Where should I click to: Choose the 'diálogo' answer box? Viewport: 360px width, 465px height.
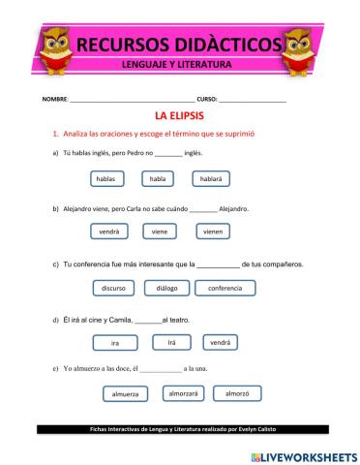pos(166,288)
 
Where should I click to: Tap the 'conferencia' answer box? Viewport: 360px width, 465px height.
pos(225,288)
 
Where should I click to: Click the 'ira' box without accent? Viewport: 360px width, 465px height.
pos(115,343)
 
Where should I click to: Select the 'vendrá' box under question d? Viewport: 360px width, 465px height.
pos(221,342)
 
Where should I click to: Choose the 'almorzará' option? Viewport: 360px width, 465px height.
pos(182,394)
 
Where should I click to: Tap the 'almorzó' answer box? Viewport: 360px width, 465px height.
pos(237,394)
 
